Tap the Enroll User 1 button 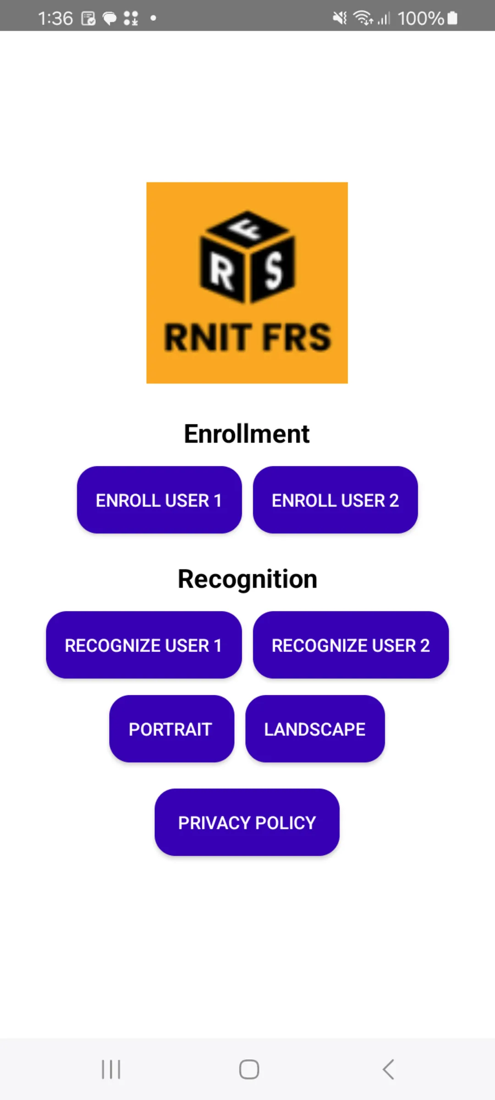(159, 500)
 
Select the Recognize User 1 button (143, 645)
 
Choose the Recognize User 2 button (351, 645)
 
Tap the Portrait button (171, 729)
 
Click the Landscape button (315, 729)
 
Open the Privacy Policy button (247, 822)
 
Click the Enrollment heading (247, 434)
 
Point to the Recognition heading (247, 579)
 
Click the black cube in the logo (247, 257)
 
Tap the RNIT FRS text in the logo (247, 337)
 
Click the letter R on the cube (222, 271)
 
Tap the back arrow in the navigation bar (388, 1069)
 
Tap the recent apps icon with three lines (111, 1069)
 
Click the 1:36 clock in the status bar (55, 18)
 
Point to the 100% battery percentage (420, 18)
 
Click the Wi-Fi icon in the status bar (363, 18)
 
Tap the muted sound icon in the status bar (340, 18)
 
